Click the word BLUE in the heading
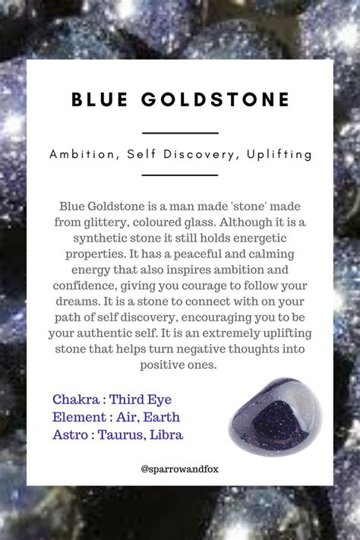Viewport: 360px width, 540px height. click(x=99, y=99)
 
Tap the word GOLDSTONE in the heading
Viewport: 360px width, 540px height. click(x=216, y=99)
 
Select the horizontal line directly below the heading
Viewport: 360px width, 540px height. click(x=180, y=133)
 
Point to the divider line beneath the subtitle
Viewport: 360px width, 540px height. click(x=180, y=175)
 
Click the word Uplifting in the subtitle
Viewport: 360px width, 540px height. click(x=279, y=154)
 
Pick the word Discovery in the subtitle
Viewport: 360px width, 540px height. click(x=198, y=154)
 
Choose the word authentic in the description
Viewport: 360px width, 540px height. click(x=100, y=333)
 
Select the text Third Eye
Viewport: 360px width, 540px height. click(x=141, y=399)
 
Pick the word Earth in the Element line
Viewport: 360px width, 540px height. click(x=161, y=417)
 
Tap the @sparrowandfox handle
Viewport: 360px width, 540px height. click(x=179, y=469)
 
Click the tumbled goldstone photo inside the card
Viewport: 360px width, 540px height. click(x=276, y=416)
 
